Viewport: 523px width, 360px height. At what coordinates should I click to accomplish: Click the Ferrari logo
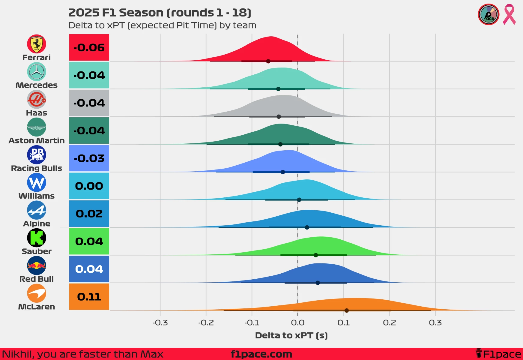(x=37, y=44)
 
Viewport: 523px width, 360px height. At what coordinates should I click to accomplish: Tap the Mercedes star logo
(x=37, y=72)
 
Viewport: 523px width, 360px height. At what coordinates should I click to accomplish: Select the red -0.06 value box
(x=89, y=47)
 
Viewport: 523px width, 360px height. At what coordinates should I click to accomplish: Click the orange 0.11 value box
(x=89, y=297)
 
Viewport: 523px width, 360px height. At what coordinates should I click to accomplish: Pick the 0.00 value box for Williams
(x=89, y=186)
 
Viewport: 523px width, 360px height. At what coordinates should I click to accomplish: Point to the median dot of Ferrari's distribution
(x=268, y=61)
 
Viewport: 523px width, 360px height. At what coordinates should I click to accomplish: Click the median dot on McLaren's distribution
(x=347, y=310)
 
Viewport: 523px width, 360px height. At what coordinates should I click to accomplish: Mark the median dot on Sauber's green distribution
(x=316, y=255)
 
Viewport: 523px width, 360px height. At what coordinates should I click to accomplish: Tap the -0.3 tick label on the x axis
(x=160, y=323)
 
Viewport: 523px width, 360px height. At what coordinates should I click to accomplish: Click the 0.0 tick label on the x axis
(x=298, y=323)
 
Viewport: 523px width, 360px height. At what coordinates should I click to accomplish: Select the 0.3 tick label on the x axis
(x=435, y=323)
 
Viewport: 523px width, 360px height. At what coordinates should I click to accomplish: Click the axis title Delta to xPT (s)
(x=291, y=335)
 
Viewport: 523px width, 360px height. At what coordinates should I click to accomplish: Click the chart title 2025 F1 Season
(x=160, y=13)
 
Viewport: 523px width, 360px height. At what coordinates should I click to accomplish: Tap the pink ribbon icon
(x=509, y=14)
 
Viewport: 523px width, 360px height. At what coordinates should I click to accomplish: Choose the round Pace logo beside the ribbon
(x=489, y=14)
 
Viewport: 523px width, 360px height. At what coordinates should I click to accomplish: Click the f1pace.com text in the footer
(x=261, y=354)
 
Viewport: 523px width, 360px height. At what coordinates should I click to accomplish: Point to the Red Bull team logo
(x=37, y=265)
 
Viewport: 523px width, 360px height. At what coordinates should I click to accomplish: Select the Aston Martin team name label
(x=37, y=140)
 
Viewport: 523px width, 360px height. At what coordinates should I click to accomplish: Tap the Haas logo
(x=37, y=99)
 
